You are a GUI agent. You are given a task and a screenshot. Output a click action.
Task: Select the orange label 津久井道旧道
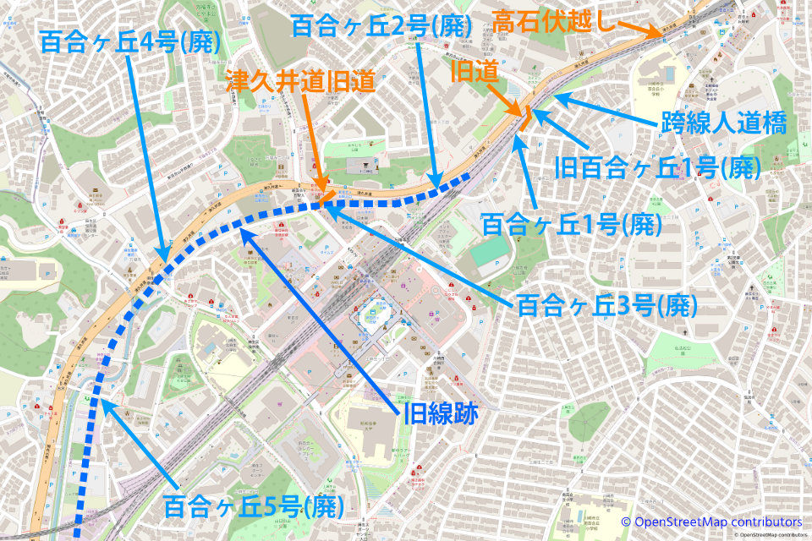[300, 80]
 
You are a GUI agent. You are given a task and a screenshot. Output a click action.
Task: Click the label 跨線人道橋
[722, 125]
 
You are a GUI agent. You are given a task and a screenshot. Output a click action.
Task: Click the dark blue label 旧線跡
[441, 413]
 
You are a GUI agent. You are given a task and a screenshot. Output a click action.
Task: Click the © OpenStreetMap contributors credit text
[711, 522]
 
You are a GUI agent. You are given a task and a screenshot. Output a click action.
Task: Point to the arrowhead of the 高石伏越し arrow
[662, 35]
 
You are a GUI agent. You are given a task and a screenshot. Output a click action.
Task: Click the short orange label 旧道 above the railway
[474, 74]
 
